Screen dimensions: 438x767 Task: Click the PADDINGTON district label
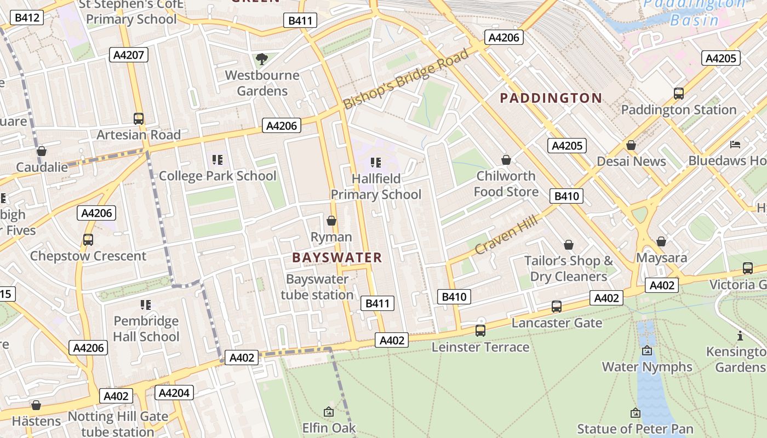click(551, 99)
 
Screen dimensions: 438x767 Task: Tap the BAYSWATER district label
click(337, 258)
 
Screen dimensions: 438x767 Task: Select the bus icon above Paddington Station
click(679, 94)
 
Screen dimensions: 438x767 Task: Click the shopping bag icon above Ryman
click(331, 221)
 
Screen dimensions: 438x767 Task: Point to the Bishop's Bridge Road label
click(406, 79)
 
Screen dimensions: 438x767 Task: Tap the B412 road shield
click(27, 18)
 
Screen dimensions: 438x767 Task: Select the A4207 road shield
click(129, 55)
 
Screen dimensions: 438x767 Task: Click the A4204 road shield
click(174, 393)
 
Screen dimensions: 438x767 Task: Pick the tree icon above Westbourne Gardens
click(262, 59)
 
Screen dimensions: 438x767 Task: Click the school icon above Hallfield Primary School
click(376, 163)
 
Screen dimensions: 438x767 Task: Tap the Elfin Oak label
click(329, 428)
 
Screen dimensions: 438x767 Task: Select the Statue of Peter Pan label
click(635, 429)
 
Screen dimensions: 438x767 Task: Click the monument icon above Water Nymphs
click(647, 350)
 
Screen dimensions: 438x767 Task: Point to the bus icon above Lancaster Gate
click(557, 307)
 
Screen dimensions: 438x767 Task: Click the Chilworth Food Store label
click(506, 184)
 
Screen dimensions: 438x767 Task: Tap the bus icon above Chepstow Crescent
click(88, 239)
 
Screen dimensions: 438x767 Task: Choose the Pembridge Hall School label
click(146, 328)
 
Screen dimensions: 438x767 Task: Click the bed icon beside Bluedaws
click(735, 145)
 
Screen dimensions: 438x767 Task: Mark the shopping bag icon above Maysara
click(661, 241)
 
